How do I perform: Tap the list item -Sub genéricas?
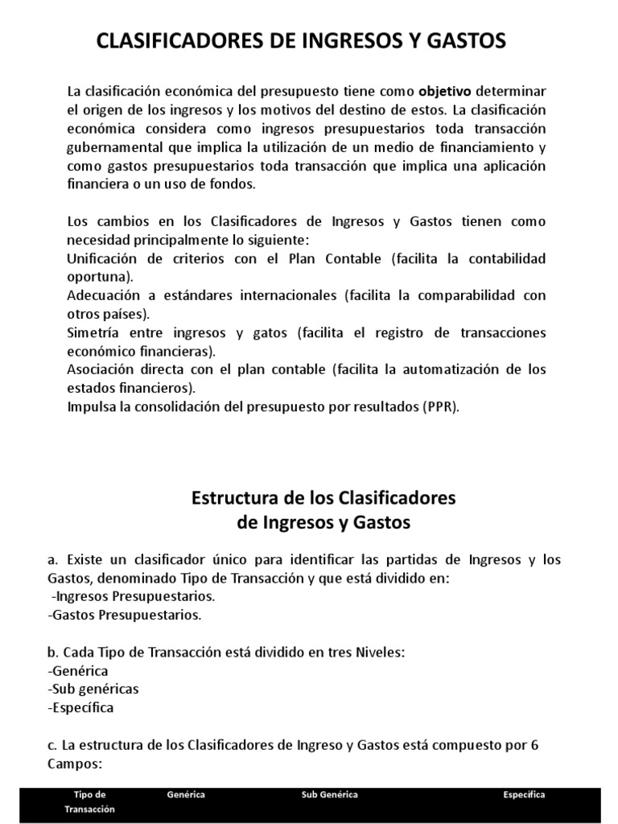(x=93, y=689)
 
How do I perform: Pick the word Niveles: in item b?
(x=376, y=652)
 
